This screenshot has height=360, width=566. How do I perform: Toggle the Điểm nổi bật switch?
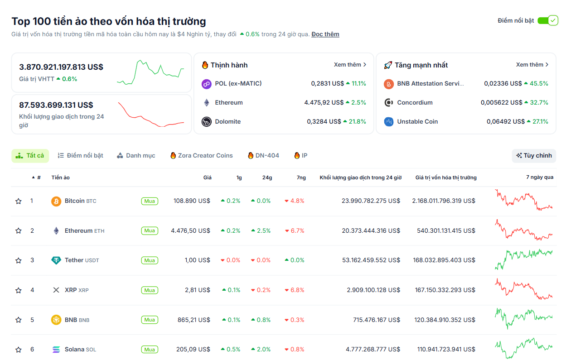point(547,20)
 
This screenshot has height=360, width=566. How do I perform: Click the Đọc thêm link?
point(325,34)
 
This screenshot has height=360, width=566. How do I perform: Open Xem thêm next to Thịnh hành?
point(350,65)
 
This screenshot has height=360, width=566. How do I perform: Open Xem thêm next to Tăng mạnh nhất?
point(532,65)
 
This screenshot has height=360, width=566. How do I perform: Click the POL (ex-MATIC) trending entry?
point(238,83)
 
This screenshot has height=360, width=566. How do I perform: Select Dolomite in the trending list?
point(227,121)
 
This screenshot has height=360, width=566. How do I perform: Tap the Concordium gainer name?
point(415,102)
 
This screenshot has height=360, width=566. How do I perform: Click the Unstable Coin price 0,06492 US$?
point(504,121)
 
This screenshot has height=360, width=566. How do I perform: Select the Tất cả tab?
point(30,155)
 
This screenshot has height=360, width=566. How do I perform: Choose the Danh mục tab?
point(136,155)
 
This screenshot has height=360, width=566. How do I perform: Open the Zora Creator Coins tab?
point(202,155)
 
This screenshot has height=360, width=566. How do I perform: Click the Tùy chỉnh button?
point(534,155)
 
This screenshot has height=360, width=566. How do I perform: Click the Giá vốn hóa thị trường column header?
point(445,178)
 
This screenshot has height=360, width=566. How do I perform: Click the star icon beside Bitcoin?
point(19,201)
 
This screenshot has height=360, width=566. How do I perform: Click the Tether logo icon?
point(56,260)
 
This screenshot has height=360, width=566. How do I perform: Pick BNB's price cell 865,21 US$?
point(194,320)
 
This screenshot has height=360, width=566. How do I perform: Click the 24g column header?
point(267,178)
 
